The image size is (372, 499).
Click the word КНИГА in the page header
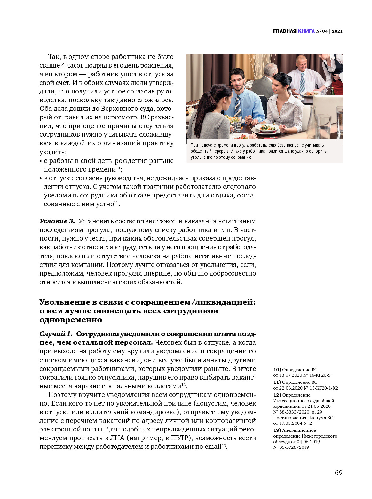click(x=306, y=31)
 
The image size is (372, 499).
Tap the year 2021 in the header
click(x=337, y=31)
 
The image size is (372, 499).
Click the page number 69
click(x=338, y=472)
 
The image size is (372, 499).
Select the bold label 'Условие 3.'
click(x=57, y=221)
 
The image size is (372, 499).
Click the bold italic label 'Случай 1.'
click(x=56, y=334)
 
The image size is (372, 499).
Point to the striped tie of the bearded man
click(x=238, y=106)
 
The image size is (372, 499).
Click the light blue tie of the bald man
click(x=302, y=83)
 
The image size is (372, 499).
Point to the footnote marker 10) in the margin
click(x=277, y=370)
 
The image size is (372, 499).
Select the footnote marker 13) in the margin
click(x=277, y=431)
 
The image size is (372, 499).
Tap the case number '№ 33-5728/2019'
click(x=291, y=447)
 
